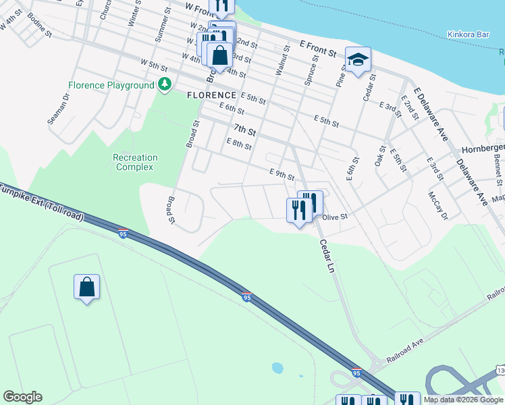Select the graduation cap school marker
358,59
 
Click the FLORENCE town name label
212,96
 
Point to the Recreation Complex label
135,162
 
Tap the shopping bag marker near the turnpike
87,288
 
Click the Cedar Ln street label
327,256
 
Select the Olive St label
334,217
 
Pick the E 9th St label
282,175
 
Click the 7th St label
245,129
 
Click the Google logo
22,397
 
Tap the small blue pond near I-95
277,369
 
